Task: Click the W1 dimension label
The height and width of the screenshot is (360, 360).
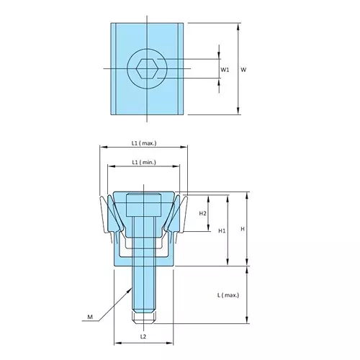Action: pyautogui.click(x=225, y=70)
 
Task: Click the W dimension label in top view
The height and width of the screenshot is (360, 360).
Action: pyautogui.click(x=244, y=70)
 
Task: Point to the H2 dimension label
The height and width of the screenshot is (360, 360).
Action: pyautogui.click(x=203, y=214)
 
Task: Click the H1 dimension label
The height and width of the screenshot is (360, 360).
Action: pyautogui.click(x=222, y=230)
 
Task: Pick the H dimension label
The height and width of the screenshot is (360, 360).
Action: pyautogui.click(x=243, y=229)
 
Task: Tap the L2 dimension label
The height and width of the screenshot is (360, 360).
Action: pyautogui.click(x=143, y=337)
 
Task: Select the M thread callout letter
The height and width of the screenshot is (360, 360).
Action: pyautogui.click(x=90, y=316)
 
